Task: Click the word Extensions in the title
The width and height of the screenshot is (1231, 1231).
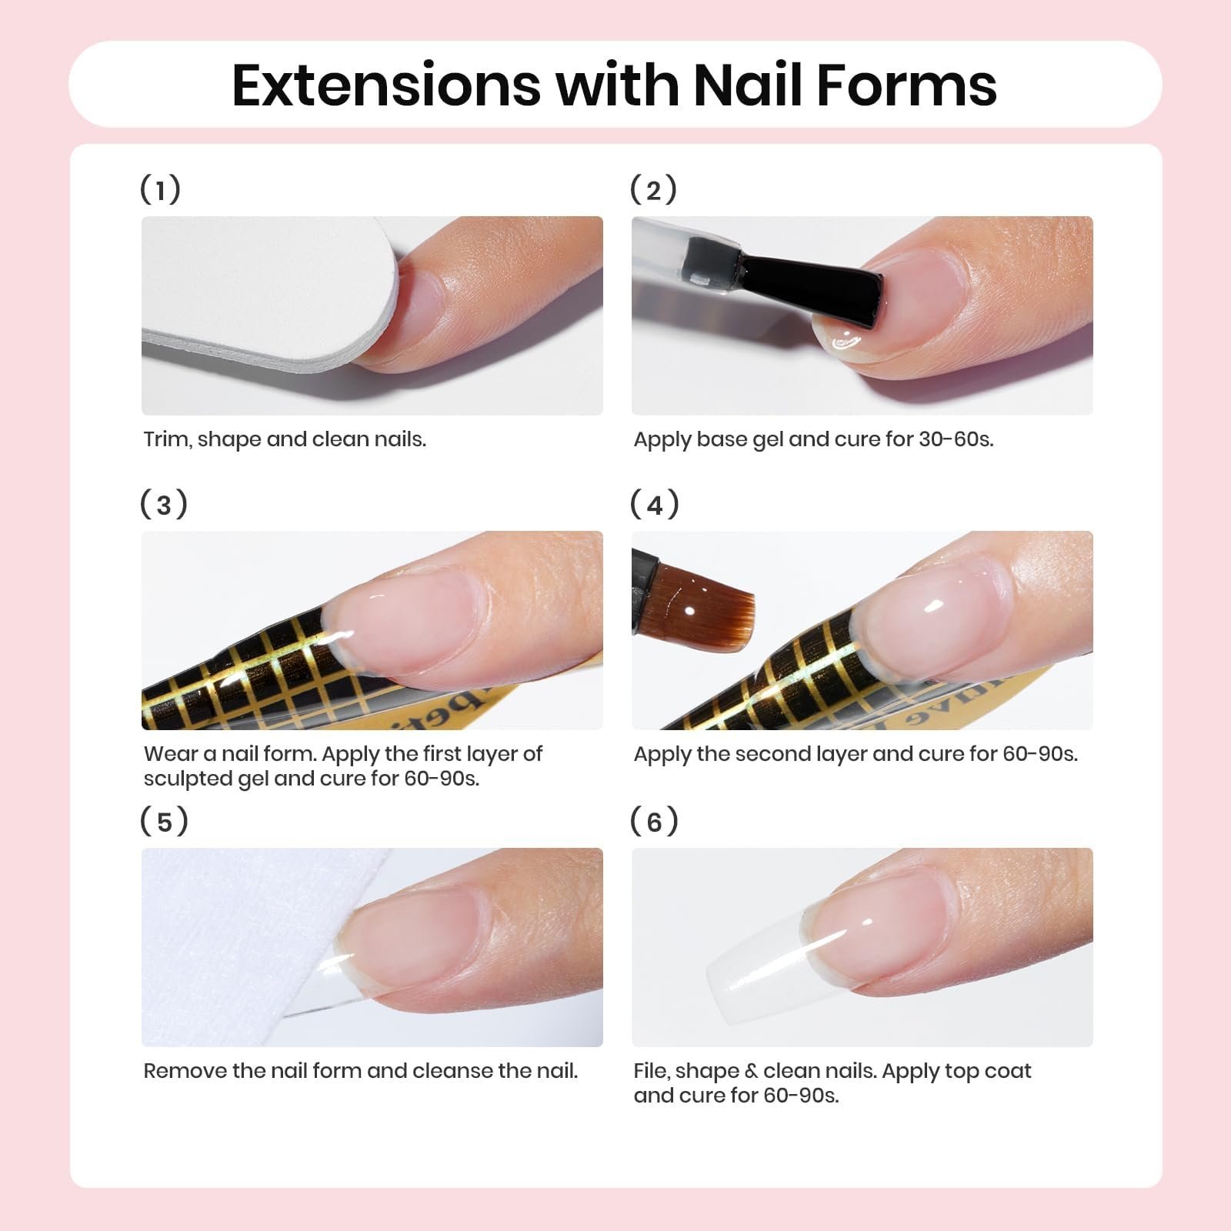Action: click(x=386, y=85)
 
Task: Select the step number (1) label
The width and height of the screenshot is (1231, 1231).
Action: click(x=160, y=189)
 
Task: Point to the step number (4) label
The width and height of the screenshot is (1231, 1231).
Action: click(x=654, y=505)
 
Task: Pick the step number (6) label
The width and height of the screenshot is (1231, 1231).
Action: click(x=654, y=821)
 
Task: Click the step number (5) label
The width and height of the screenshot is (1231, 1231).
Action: click(x=164, y=821)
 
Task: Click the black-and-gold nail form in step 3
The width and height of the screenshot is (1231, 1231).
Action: click(x=254, y=677)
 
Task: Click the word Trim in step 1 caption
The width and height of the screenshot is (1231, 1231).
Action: click(x=167, y=439)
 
